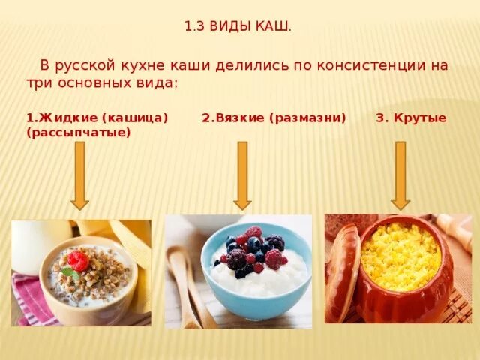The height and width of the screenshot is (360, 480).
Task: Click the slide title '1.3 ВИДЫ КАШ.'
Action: pyautogui.click(x=238, y=27)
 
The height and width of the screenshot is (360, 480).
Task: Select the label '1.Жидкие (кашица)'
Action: pyautogui.click(x=97, y=118)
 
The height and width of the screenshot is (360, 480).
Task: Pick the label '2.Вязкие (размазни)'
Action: pyautogui.click(x=274, y=118)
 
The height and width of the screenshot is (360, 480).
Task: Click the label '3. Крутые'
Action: pyautogui.click(x=411, y=118)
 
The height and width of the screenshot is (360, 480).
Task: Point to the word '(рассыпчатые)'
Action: pyautogui.click(x=78, y=133)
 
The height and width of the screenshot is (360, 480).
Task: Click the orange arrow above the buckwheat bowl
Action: pyautogui.click(x=79, y=176)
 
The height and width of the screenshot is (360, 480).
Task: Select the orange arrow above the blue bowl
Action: pyautogui.click(x=241, y=176)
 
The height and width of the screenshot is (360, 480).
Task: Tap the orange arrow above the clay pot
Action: pyautogui.click(x=400, y=176)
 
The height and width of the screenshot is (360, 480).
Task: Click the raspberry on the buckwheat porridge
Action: pyautogui.click(x=78, y=260)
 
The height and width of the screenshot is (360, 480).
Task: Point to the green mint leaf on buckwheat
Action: pyautogui.click(x=68, y=271)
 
